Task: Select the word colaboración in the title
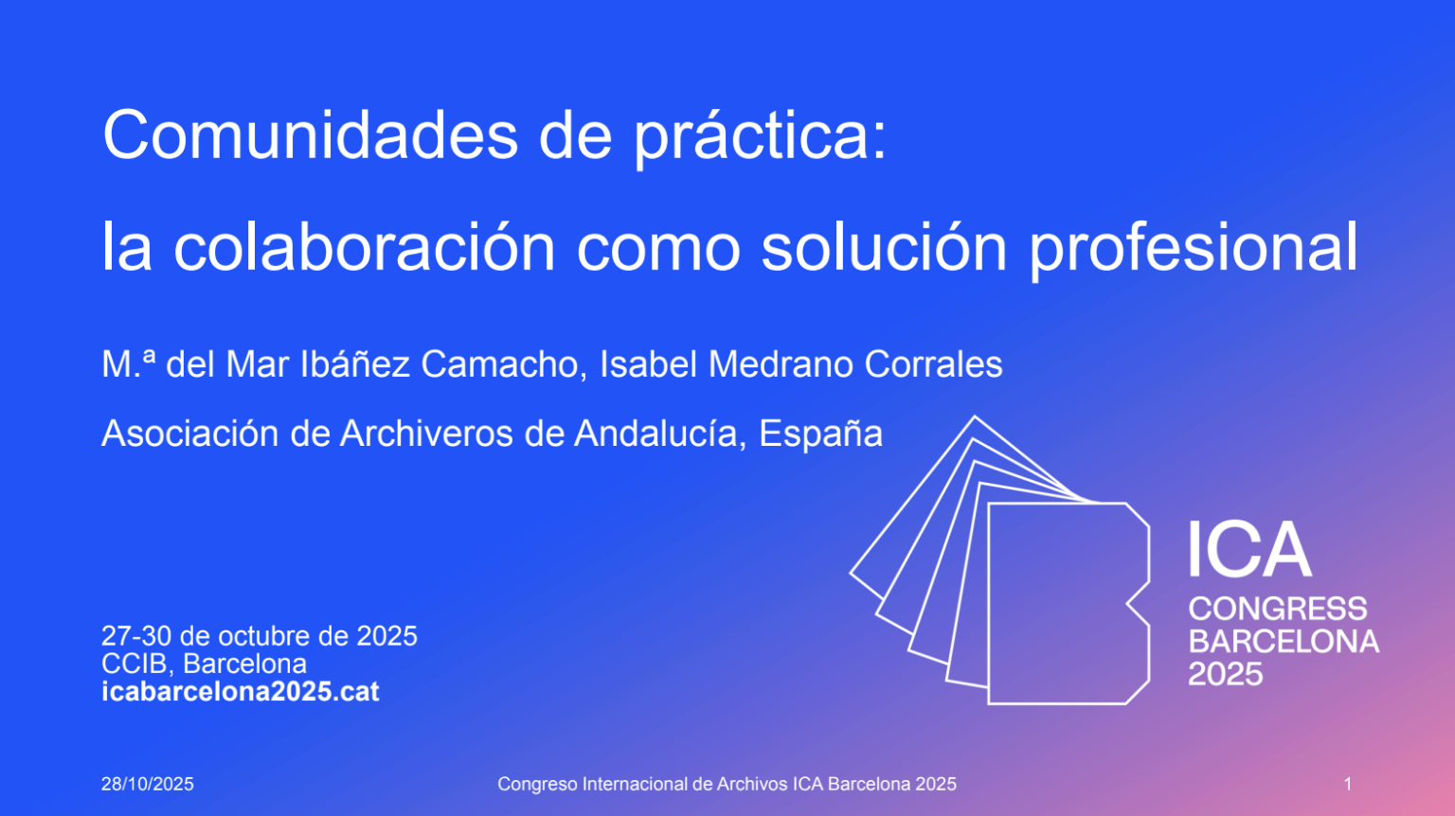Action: click(x=365, y=248)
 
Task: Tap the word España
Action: click(x=821, y=434)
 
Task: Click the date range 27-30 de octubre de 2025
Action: click(x=260, y=636)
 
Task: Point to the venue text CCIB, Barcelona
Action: click(x=205, y=664)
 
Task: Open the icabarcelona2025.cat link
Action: click(x=241, y=692)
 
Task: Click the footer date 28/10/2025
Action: click(x=148, y=784)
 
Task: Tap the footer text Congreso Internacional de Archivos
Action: click(x=642, y=784)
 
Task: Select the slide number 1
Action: click(x=1348, y=784)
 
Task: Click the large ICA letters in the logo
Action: click(x=1249, y=551)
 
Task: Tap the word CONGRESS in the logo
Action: click(x=1278, y=609)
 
